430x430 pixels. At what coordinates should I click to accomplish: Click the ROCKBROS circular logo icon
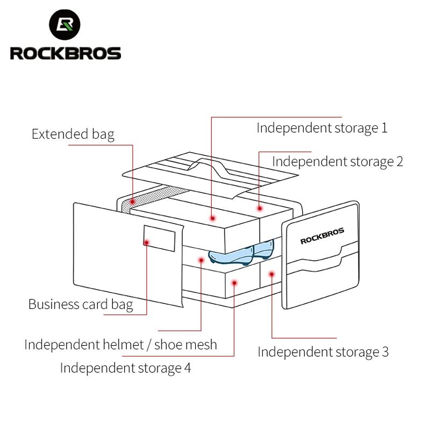(x=65, y=26)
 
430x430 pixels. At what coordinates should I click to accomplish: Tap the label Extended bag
(x=73, y=134)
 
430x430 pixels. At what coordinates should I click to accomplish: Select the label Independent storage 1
(x=321, y=128)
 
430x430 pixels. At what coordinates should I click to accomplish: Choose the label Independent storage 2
(x=337, y=161)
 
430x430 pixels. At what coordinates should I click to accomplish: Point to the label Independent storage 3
(x=322, y=352)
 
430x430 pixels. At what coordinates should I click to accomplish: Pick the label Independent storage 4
(x=125, y=368)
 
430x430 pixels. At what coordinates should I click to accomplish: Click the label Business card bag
(x=81, y=304)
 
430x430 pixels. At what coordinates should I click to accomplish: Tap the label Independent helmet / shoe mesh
(x=120, y=345)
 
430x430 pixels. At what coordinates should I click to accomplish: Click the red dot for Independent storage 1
(x=213, y=218)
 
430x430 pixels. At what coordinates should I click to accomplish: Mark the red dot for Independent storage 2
(x=260, y=208)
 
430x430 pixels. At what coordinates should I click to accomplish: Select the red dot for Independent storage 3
(x=272, y=274)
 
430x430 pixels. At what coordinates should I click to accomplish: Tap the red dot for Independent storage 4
(x=234, y=282)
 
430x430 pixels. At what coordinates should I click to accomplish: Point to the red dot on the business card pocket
(x=146, y=242)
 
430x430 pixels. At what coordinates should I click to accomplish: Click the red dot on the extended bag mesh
(x=132, y=202)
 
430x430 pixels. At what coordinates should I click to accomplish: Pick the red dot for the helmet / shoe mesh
(x=200, y=260)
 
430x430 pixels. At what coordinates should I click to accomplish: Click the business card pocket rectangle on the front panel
(x=159, y=238)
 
